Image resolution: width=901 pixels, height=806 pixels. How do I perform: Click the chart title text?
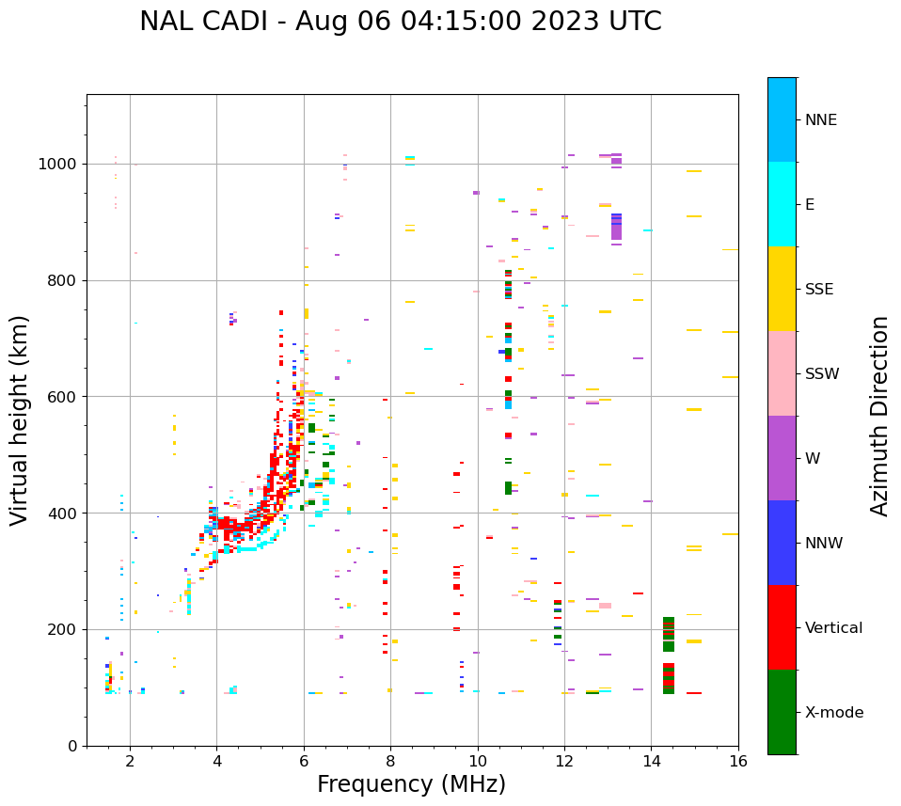[x=400, y=22]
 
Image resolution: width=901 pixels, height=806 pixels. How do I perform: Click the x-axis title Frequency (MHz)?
[x=411, y=784]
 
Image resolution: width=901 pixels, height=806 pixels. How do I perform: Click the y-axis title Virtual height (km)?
[x=20, y=420]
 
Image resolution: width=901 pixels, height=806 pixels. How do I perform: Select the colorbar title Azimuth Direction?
[x=879, y=416]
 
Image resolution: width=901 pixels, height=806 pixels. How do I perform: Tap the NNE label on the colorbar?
[x=820, y=120]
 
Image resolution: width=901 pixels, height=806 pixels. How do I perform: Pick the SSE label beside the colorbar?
[x=818, y=290]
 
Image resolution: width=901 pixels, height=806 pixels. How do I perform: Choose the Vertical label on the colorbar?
[x=833, y=628]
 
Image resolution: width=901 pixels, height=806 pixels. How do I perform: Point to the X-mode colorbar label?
[x=833, y=713]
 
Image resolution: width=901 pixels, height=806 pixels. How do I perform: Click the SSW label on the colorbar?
[x=821, y=374]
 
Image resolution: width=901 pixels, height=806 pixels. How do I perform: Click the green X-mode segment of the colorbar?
[x=782, y=712]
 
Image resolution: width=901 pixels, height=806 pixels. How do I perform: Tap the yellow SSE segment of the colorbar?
[x=782, y=289]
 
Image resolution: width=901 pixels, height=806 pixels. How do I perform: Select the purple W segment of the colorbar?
[x=782, y=458]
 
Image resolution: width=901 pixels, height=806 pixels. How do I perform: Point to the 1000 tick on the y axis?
[x=60, y=165]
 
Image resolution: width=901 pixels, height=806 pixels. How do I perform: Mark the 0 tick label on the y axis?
[x=73, y=746]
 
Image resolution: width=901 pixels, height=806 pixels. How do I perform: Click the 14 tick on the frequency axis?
[x=651, y=760]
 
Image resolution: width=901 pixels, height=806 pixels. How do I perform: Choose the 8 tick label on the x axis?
[x=390, y=760]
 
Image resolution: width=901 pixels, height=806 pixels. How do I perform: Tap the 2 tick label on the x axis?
[x=130, y=760]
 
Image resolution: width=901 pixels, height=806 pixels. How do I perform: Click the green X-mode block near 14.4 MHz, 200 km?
[x=669, y=634]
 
